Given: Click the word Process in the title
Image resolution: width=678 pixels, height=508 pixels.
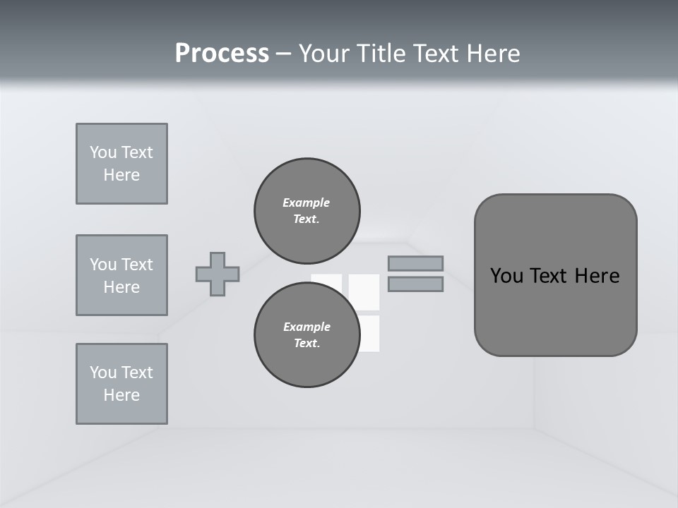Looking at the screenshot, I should pos(222,54).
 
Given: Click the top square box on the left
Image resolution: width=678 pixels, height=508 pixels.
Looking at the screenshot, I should pos(121,164).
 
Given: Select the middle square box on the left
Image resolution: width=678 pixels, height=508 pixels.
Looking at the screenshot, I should pos(121,275).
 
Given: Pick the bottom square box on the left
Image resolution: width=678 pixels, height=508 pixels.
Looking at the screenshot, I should pos(121,384).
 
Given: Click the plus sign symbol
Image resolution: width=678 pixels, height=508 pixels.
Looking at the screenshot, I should pos(218,274).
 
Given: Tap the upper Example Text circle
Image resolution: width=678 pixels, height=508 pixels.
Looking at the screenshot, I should pos(307,211).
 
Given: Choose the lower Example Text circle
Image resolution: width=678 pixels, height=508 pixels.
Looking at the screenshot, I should pos(307,334).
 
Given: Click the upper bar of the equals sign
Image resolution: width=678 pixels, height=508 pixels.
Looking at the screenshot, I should pos(415,263).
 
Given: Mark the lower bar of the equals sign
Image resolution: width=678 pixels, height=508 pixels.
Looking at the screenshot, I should pos(415,284).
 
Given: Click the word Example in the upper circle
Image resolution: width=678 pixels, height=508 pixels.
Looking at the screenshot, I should pos(306,202).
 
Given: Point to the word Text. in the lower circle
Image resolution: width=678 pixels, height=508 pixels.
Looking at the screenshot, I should pos(307,344).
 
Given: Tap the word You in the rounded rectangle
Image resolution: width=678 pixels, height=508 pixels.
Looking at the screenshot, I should pos(508,276).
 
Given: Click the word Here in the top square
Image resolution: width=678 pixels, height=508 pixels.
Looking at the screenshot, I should pos(121,175).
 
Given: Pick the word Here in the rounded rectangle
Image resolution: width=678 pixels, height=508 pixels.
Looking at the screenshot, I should pos(597,276).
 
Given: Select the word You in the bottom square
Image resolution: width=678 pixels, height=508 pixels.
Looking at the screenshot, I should pos(102,373).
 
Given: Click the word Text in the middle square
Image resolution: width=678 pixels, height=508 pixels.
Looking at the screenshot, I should pos(137,265).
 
